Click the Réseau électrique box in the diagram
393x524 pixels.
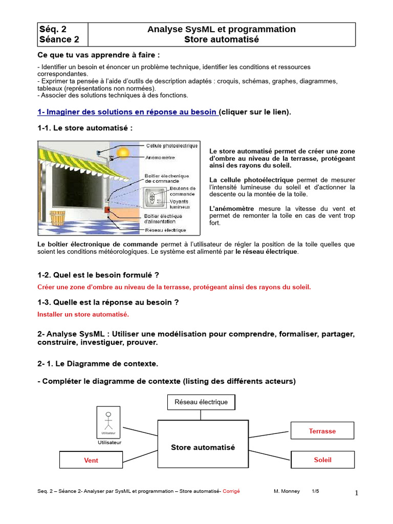(201, 402)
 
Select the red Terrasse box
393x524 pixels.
(322, 431)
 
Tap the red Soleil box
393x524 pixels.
(322, 460)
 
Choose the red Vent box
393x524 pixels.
(91, 460)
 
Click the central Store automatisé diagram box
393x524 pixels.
(203, 447)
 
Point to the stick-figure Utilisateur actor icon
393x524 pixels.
(108, 421)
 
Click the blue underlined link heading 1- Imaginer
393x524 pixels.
(128, 112)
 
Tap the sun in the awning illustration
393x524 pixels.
(123, 152)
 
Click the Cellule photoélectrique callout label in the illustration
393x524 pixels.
(172, 146)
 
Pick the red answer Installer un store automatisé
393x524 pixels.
(83, 314)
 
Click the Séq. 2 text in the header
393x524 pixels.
(53, 29)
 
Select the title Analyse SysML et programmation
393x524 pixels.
(221, 29)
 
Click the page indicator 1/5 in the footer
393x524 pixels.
(315, 491)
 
